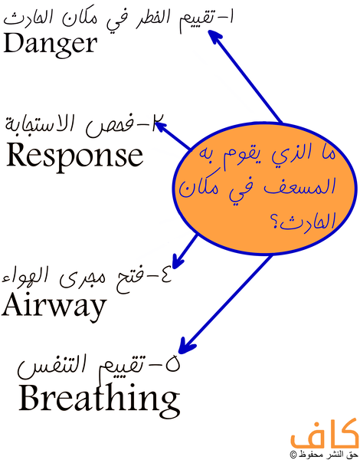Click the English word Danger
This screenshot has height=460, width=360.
point(50,44)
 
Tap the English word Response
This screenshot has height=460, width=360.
point(75,156)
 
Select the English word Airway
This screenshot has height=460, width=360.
point(54,306)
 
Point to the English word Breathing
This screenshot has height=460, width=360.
point(100,396)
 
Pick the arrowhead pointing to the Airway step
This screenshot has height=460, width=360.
point(178,261)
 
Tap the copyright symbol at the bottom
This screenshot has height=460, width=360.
point(293,454)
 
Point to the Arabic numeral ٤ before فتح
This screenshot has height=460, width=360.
point(164,277)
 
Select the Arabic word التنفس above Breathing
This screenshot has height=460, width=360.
point(47,366)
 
